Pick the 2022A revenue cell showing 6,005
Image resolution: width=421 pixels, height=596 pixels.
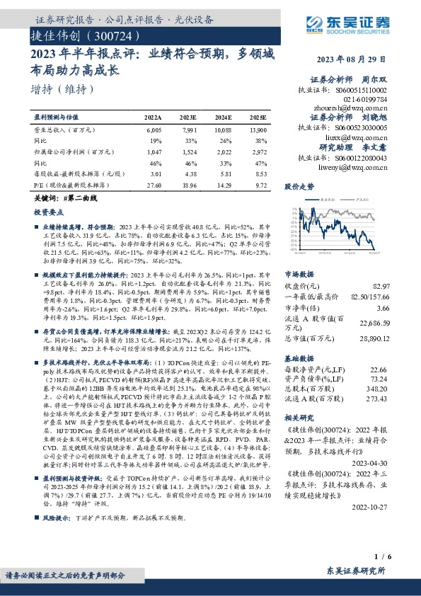point(154,130)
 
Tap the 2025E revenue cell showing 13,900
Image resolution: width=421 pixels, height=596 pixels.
point(259,130)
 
